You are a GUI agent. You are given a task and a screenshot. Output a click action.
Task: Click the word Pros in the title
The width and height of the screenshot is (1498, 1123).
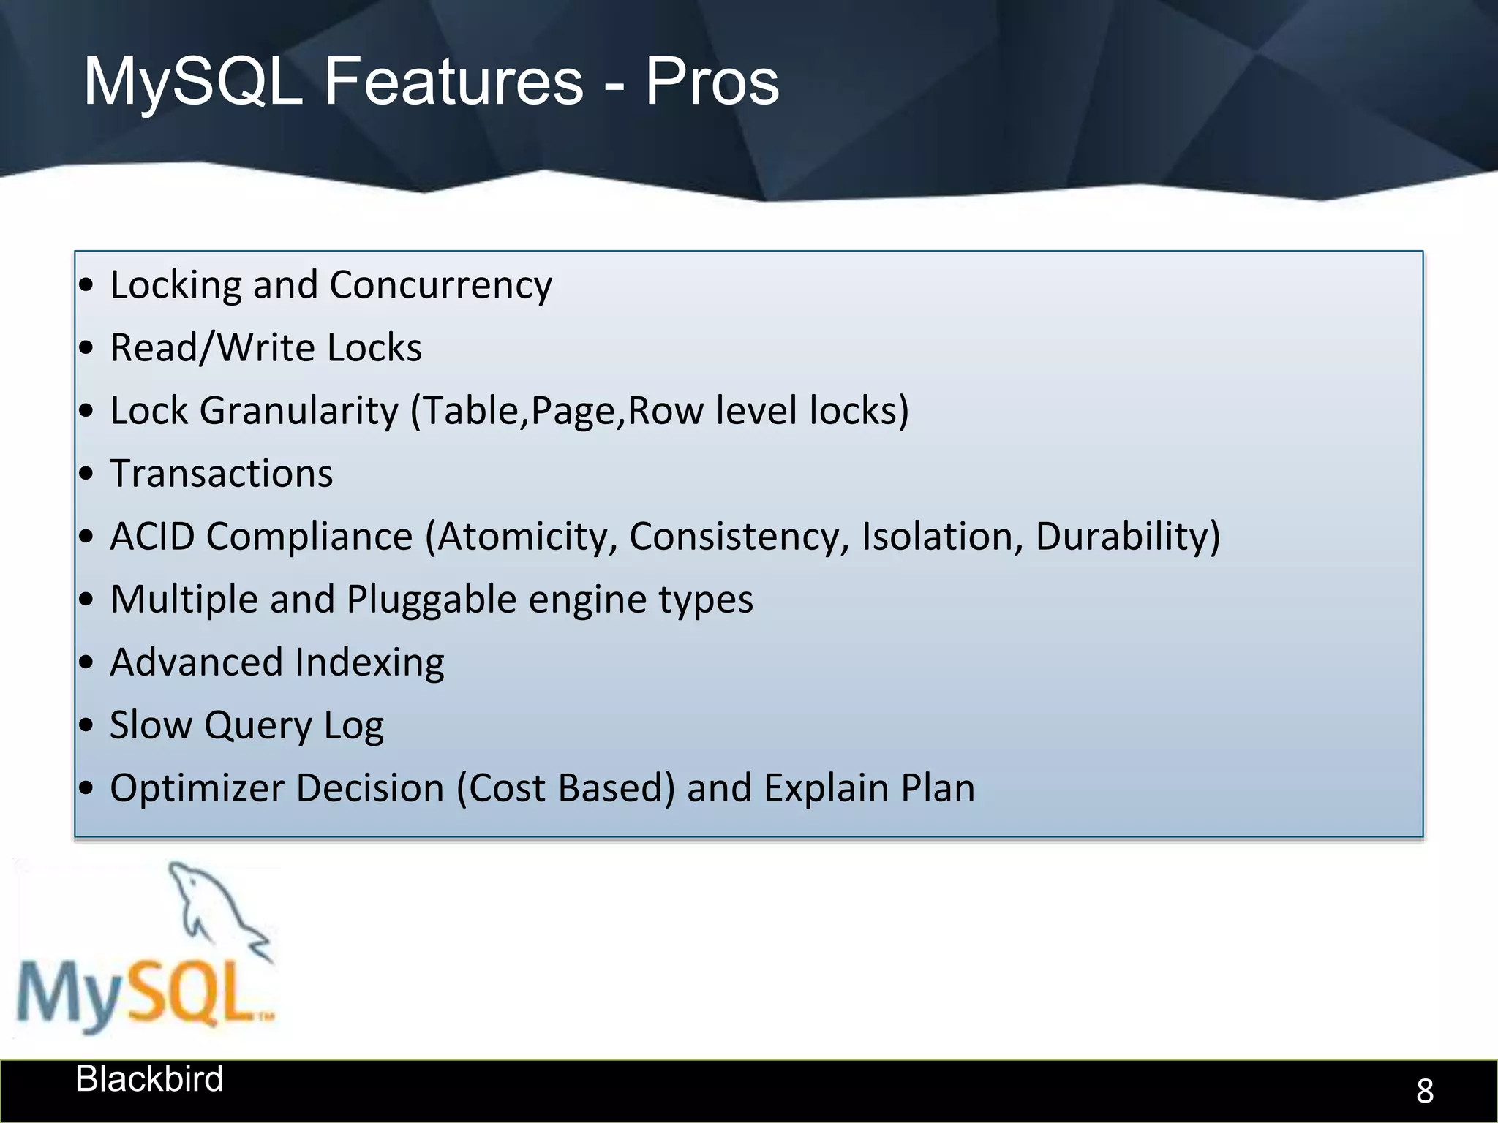(x=711, y=82)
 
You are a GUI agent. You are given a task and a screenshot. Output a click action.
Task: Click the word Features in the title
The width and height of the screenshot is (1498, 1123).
(x=453, y=82)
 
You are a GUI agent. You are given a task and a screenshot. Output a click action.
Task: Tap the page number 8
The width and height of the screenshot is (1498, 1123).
(x=1424, y=1091)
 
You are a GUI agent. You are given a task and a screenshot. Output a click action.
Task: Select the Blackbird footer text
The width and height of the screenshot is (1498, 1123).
(x=149, y=1079)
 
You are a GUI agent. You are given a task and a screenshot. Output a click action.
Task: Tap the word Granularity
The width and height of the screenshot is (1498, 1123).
(x=298, y=411)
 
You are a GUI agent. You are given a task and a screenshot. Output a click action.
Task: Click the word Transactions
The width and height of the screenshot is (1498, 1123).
(x=221, y=474)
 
